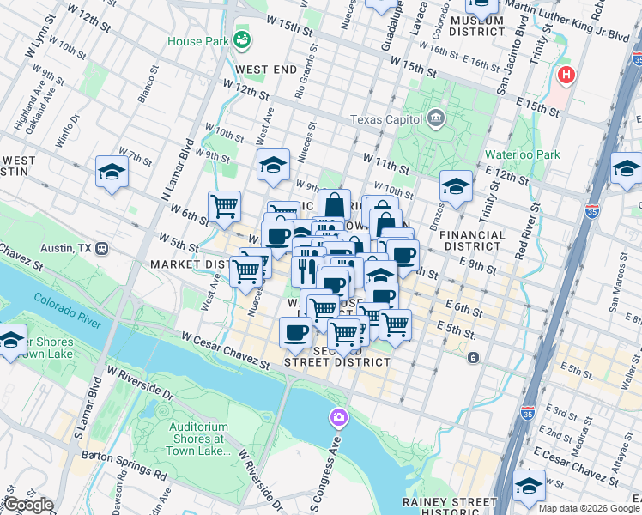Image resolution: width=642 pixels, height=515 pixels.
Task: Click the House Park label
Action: (197, 41)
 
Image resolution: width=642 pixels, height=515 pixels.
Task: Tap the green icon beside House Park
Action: (243, 39)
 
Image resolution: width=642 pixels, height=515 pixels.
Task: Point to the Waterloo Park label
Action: (522, 154)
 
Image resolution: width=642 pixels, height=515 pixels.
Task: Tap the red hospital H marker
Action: (565, 76)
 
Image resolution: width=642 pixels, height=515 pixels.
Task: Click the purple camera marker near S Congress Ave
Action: (339, 417)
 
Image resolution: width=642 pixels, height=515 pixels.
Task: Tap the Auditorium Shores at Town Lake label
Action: (198, 439)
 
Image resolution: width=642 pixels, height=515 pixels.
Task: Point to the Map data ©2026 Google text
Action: (588, 508)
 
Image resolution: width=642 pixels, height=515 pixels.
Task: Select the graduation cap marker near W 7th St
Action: (112, 172)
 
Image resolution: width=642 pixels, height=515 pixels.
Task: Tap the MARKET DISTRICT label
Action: (185, 264)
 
